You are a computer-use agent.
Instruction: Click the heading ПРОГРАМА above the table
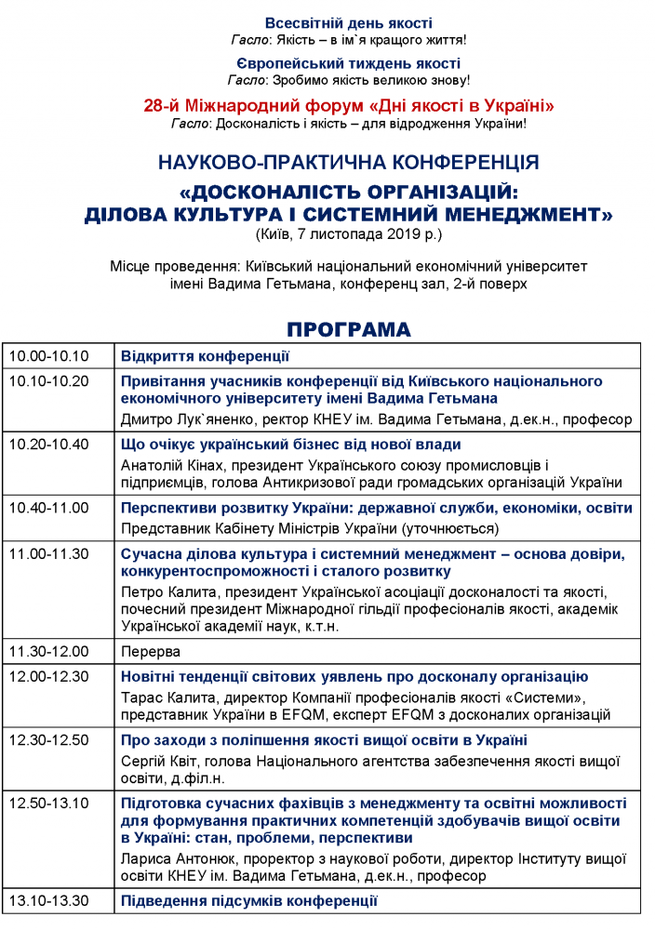[x=348, y=330]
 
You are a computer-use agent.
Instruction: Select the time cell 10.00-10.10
[x=48, y=356]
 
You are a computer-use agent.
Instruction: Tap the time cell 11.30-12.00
[x=48, y=651]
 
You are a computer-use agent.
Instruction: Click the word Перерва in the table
[x=151, y=651]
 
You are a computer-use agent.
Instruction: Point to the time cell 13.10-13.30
[x=48, y=901]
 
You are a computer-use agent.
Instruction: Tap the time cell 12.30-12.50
[x=48, y=740]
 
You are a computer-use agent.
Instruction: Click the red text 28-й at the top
[x=162, y=105]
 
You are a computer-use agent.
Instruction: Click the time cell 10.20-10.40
[x=48, y=445]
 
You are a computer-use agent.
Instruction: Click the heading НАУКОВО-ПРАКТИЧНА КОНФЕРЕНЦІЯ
[x=348, y=162]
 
